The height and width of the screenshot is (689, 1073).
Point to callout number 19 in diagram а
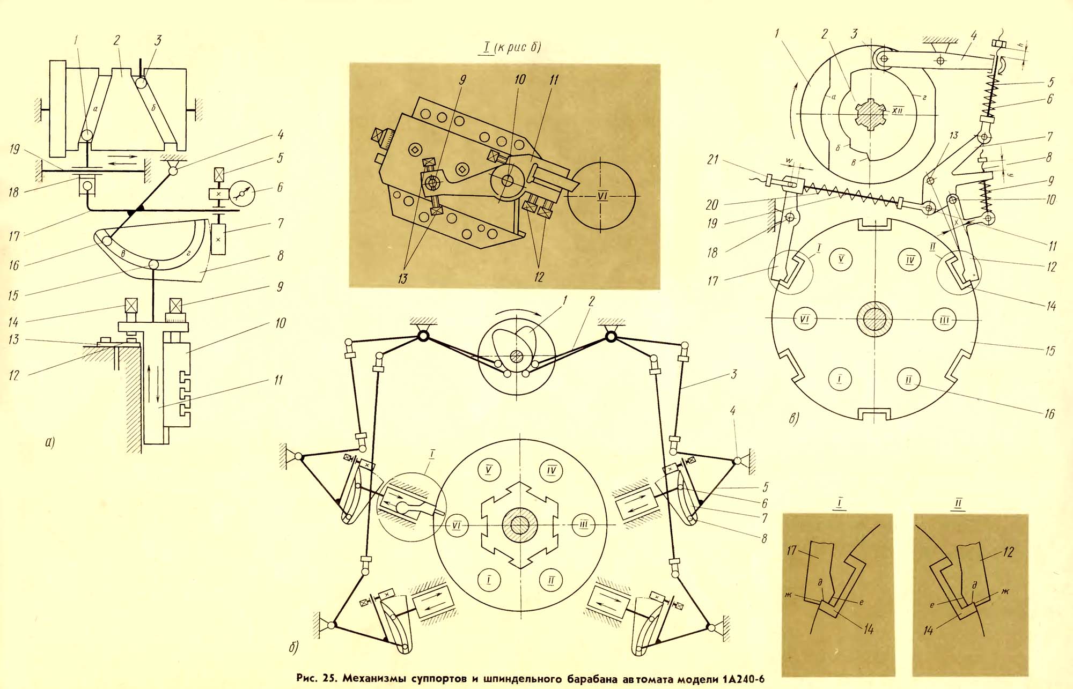15,149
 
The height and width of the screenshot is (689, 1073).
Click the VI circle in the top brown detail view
601,195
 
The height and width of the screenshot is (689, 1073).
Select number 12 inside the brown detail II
1008,552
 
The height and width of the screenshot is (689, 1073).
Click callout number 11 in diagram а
277,380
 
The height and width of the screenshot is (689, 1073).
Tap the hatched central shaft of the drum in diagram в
874,320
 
